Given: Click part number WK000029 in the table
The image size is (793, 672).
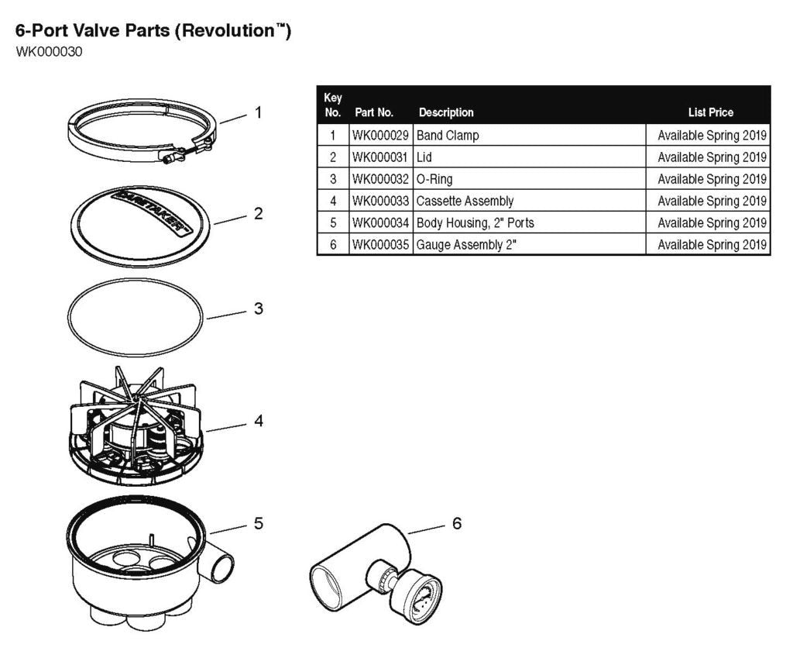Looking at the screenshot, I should coord(380,136).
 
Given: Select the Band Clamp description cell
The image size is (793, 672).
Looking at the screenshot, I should coord(448,136).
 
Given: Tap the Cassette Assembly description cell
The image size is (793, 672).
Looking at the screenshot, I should coord(465,202).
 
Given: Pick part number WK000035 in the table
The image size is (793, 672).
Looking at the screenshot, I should coord(380,245).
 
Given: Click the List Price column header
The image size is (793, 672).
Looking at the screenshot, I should coord(710,112).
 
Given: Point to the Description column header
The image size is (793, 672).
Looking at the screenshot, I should coord(446,112).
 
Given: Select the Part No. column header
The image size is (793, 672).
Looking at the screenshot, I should coord(374,112).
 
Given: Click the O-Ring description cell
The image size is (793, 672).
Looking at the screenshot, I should coord(434,179).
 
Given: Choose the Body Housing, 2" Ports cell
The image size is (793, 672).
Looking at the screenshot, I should coord(475,223).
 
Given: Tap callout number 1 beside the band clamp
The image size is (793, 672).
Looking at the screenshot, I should coord(258,112).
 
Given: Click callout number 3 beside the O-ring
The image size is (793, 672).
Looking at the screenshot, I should coord(258,308).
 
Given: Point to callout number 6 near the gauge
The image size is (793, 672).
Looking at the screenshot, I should coord(457,524).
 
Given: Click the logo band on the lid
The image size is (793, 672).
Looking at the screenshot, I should coord(151,209).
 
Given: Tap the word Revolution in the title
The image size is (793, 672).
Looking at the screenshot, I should coord(225,33).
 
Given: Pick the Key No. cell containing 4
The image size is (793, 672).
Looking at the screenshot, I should coord(333,202).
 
